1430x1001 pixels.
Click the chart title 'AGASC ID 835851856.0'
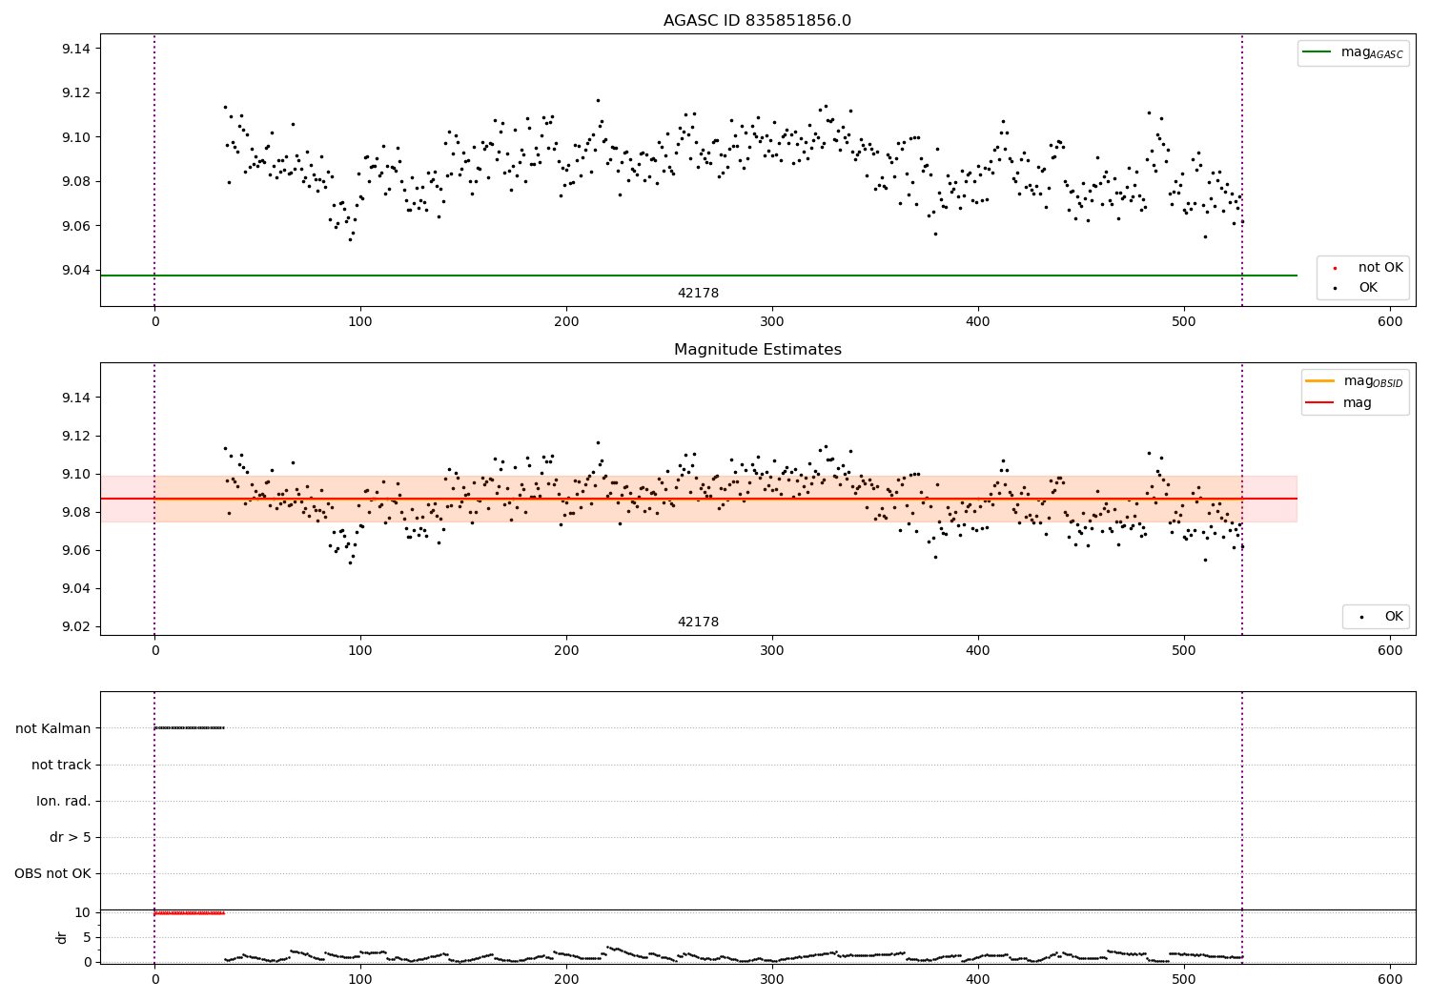(x=757, y=21)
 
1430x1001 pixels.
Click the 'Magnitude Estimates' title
(x=757, y=350)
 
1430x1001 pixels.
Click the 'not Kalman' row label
(x=53, y=728)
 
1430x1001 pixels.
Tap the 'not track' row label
(x=61, y=765)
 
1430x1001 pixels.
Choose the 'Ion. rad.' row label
(x=64, y=801)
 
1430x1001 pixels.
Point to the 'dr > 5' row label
(x=71, y=837)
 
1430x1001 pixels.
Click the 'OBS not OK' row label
(x=53, y=873)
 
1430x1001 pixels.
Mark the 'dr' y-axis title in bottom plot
(x=62, y=937)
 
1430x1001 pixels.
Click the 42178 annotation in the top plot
(x=698, y=294)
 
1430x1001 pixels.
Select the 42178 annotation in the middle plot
(x=698, y=623)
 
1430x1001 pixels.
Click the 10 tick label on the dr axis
(x=83, y=912)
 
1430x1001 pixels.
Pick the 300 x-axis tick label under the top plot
(x=772, y=322)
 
